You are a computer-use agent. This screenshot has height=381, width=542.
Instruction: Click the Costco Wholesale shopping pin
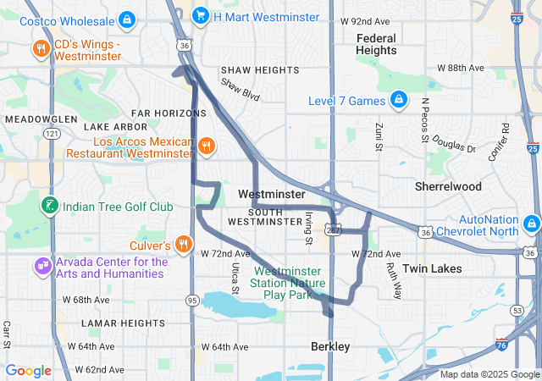click(126, 18)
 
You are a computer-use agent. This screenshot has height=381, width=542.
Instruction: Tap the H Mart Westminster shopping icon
click(201, 14)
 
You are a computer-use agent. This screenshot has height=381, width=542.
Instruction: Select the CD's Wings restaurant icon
click(40, 48)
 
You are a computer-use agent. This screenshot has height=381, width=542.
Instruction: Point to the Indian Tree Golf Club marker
click(50, 206)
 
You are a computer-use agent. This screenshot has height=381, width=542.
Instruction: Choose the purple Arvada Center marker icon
click(42, 268)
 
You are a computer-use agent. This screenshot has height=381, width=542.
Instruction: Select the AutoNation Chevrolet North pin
click(532, 224)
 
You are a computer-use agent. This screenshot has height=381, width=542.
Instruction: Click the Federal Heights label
click(376, 44)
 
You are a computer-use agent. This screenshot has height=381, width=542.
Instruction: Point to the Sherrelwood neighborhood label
click(448, 186)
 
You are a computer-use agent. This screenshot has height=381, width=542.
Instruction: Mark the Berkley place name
click(329, 347)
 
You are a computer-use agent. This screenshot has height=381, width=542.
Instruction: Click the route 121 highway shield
click(53, 134)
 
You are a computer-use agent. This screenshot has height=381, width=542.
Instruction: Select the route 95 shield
click(192, 300)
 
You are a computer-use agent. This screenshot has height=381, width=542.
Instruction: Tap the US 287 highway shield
click(335, 229)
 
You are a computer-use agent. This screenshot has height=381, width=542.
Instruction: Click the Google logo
click(29, 371)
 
